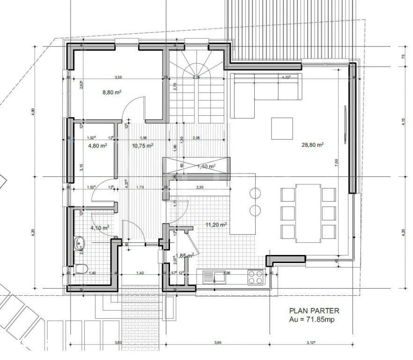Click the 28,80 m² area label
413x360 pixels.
(313, 145)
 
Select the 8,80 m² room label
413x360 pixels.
(112, 93)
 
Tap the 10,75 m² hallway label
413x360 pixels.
(143, 146)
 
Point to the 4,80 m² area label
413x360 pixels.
(98, 146)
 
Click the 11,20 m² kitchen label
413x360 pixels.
(216, 225)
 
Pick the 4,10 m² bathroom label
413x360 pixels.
(100, 228)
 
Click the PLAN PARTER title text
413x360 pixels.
(314, 310)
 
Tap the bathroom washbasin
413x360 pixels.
(79, 243)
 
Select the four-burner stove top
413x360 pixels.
(255, 277)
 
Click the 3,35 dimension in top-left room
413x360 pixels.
(118, 77)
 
